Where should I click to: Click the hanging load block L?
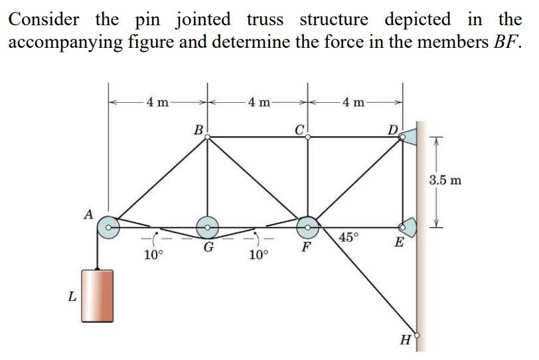98,296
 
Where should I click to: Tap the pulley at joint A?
108,227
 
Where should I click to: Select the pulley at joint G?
207,227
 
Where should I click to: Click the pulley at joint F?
307,227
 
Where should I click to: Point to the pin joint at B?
207,137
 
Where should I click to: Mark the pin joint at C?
307,137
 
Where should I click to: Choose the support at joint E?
408,227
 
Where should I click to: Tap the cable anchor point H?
417,335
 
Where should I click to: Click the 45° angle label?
348,237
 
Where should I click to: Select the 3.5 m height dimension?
445,180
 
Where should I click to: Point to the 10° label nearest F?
259,255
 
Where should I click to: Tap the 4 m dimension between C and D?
353,102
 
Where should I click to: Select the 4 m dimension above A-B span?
157,102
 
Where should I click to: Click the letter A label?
89,215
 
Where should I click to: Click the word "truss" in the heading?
265,19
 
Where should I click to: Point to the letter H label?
406,340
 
